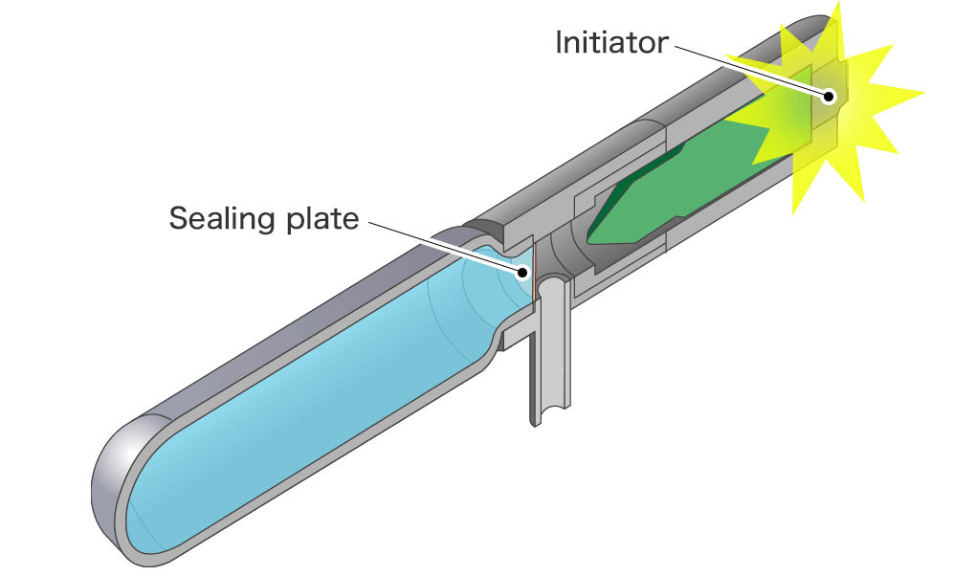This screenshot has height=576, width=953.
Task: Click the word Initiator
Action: coord(610,43)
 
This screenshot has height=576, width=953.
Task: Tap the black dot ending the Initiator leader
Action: coord(831,95)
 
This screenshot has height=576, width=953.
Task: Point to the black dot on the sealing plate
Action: coord(524,272)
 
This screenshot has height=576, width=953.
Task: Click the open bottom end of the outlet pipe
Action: coord(547,415)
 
